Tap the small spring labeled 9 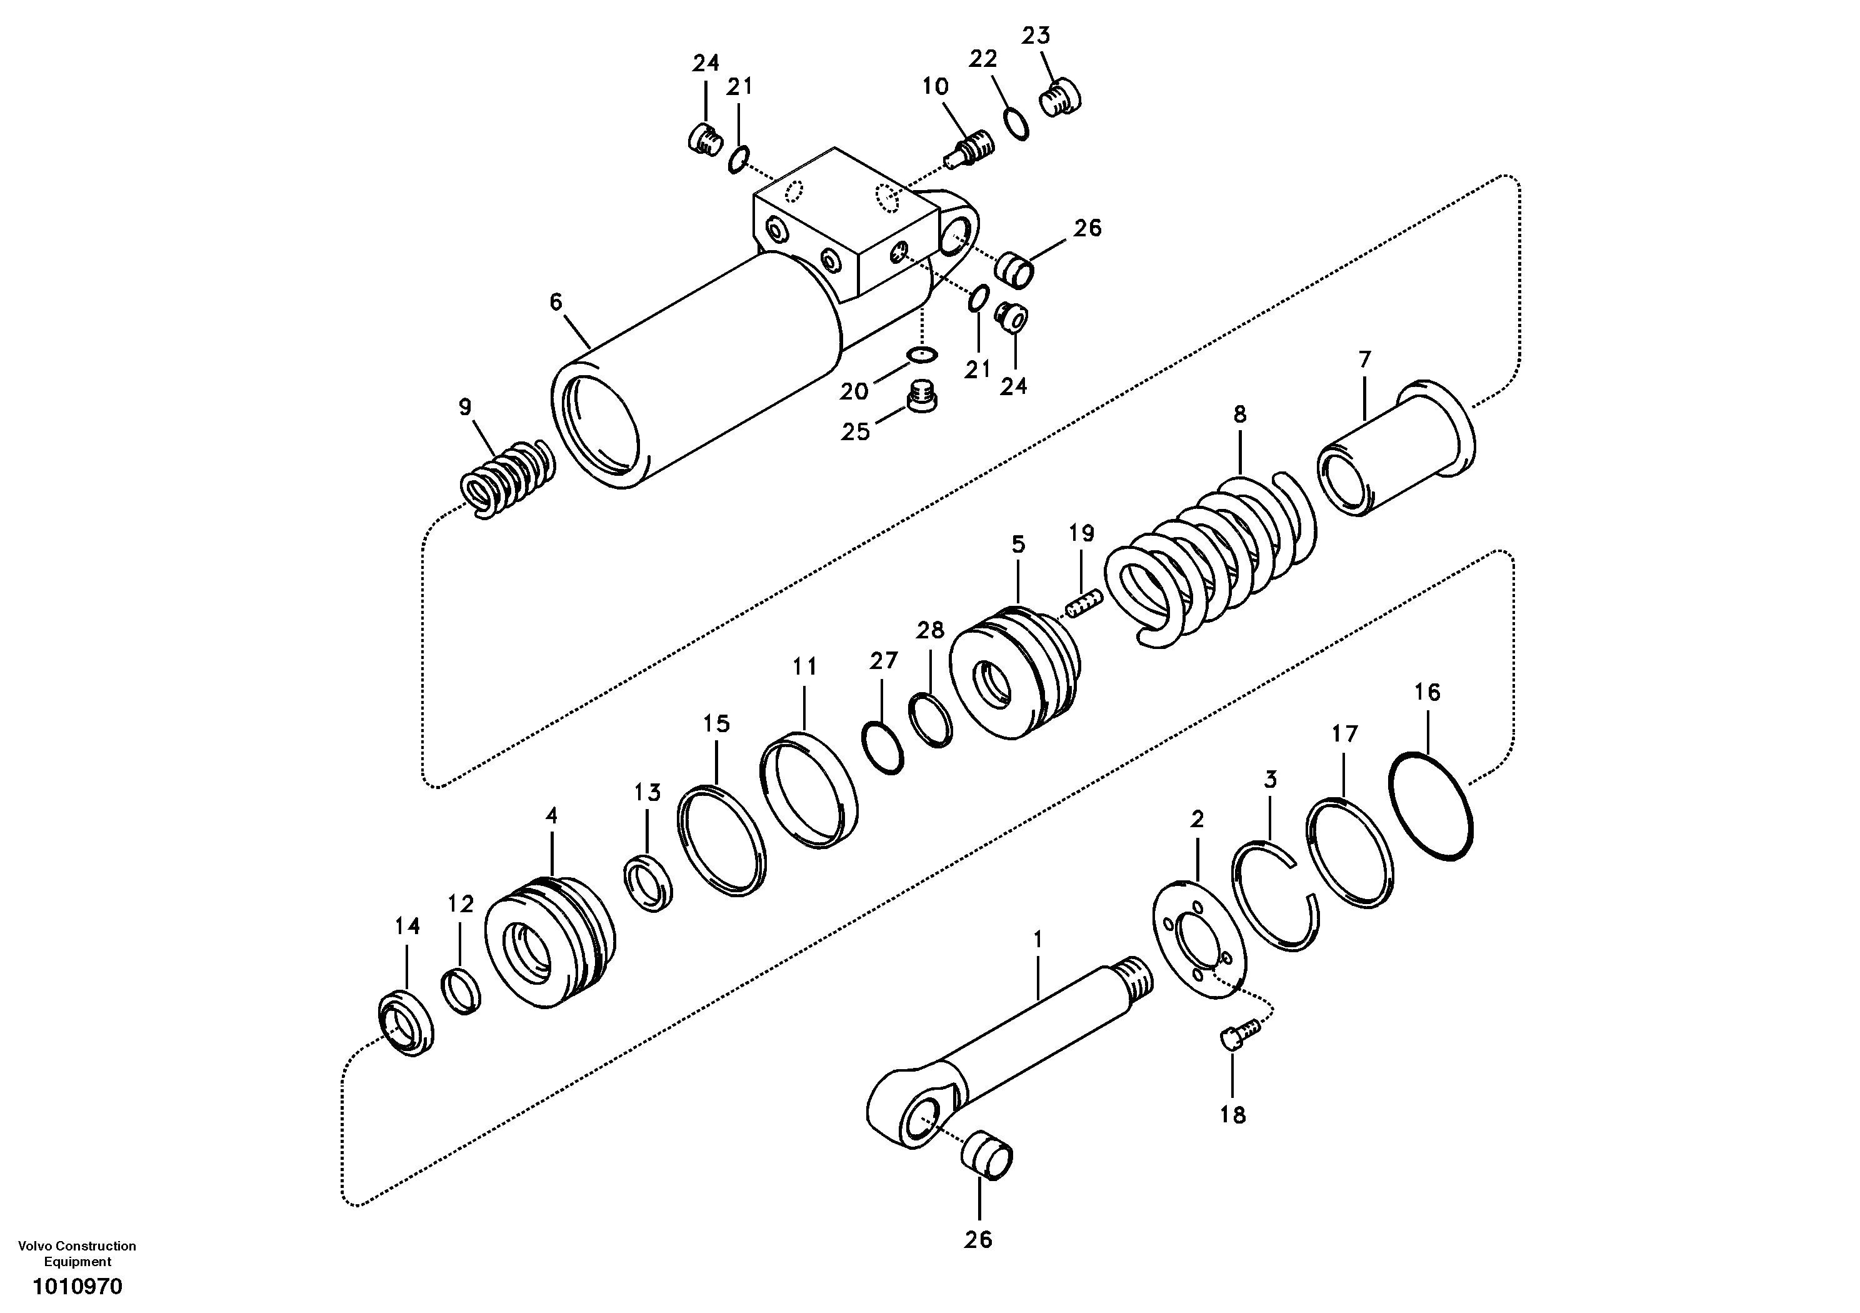pyautogui.click(x=505, y=478)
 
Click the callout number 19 pyautogui.click(x=1081, y=533)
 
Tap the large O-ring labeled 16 pyautogui.click(x=1431, y=806)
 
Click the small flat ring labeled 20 pyautogui.click(x=922, y=353)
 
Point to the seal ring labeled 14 pyautogui.click(x=406, y=1024)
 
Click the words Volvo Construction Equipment pyautogui.click(x=77, y=1253)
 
